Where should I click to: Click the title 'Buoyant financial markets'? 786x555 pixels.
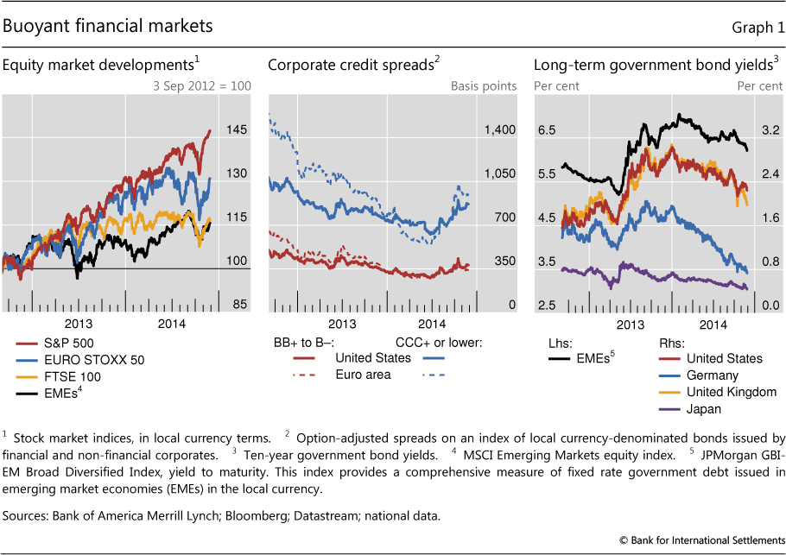pyautogui.click(x=108, y=28)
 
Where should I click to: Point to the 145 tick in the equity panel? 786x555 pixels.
pyautogui.click(x=238, y=130)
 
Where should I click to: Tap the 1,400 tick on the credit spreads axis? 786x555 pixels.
pyautogui.click(x=500, y=130)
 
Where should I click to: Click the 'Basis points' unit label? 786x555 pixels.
pyautogui.click(x=484, y=86)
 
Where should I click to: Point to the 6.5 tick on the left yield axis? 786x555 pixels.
pyautogui.click(x=546, y=130)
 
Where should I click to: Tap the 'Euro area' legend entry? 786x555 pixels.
pyautogui.click(x=364, y=375)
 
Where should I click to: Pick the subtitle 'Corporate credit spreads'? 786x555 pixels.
pyautogui.click(x=351, y=65)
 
